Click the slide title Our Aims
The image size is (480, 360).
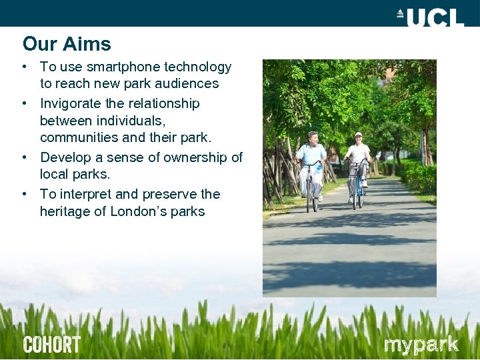(67, 44)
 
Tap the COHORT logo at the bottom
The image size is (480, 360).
(51, 345)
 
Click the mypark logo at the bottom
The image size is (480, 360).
(421, 345)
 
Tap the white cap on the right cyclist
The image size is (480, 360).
(358, 135)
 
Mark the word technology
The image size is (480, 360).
(197, 67)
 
